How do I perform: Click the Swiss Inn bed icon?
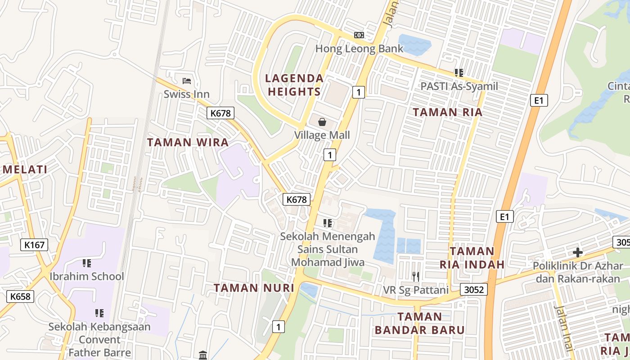click(x=187, y=81)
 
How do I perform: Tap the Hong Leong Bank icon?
click(x=359, y=35)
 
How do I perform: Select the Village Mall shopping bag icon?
click(x=322, y=121)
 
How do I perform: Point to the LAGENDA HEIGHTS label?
click(x=294, y=85)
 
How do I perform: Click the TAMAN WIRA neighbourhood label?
click(x=188, y=143)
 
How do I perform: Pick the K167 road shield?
click(x=34, y=245)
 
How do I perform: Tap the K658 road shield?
click(x=20, y=296)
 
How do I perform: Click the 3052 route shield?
click(x=474, y=289)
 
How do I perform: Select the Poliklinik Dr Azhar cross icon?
click(x=578, y=252)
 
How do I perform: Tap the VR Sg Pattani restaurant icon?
click(x=415, y=276)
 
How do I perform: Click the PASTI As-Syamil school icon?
click(x=459, y=72)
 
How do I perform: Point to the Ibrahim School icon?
click(x=87, y=263)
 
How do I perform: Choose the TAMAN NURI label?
click(x=254, y=288)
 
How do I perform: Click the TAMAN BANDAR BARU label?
click(x=419, y=324)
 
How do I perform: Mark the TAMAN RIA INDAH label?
click(x=472, y=258)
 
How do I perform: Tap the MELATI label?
click(x=25, y=170)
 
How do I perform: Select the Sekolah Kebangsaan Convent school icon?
click(x=99, y=313)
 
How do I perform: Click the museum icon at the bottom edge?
click(x=202, y=355)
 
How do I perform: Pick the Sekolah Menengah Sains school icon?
click(x=328, y=223)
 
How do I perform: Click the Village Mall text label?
click(x=322, y=135)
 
